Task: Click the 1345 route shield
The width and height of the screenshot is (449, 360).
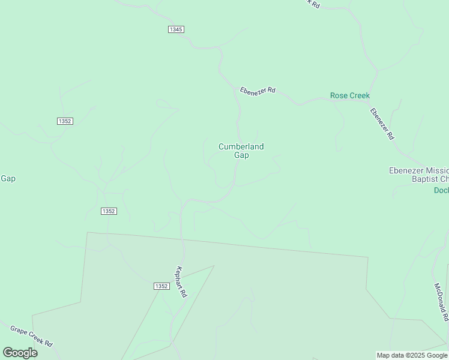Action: (176, 29)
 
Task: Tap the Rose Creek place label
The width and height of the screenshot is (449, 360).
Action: (350, 95)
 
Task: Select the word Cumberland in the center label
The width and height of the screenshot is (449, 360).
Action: (241, 146)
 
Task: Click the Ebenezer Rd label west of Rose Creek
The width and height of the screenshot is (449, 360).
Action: (258, 90)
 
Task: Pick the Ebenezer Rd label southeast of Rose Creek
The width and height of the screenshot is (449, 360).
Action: (382, 124)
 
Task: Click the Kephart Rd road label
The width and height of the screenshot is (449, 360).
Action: (181, 282)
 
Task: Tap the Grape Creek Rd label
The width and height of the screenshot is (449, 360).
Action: (32, 337)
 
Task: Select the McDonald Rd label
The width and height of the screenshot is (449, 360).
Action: (441, 302)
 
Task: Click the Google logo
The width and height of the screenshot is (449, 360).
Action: (20, 353)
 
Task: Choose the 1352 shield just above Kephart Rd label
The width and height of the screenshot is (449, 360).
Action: (160, 287)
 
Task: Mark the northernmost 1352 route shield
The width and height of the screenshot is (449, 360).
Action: (65, 121)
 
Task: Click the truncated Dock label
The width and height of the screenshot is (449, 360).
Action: (441, 190)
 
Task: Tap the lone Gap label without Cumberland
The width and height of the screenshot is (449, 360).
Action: (8, 178)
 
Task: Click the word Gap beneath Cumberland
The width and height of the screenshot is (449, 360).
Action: (241, 155)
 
